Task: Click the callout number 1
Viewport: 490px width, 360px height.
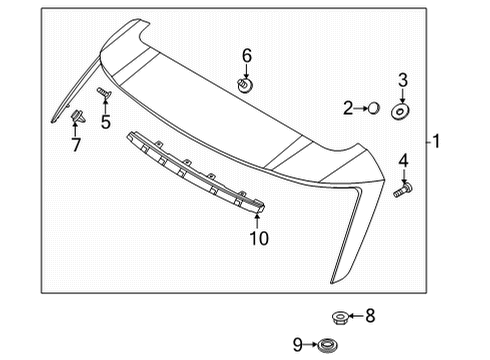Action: (437, 142)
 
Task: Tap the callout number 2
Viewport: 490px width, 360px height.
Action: (348, 108)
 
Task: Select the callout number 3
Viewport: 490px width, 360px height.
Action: (402, 80)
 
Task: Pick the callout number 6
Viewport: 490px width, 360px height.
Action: (246, 56)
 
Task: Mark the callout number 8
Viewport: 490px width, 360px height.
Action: (369, 316)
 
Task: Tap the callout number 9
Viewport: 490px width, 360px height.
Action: (297, 345)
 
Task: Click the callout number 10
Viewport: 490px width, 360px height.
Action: (259, 239)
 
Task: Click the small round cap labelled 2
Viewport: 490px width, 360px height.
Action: (373, 108)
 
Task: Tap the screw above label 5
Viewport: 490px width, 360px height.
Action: (103, 93)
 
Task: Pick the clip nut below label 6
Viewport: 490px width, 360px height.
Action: (245, 84)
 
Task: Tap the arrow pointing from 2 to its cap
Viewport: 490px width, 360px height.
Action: (360, 108)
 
